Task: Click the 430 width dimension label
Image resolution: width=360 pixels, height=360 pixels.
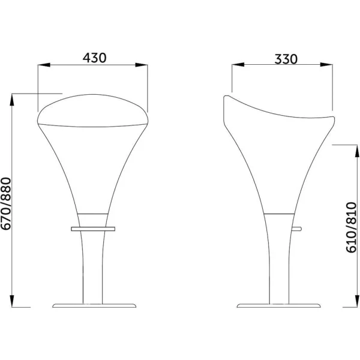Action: click(95, 58)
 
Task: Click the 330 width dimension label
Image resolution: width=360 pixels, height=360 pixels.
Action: click(286, 59)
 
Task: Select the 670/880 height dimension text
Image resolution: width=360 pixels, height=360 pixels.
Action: click(6, 203)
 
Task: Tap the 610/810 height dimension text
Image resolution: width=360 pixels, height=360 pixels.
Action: click(351, 227)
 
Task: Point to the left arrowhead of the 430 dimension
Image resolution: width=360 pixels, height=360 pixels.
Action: click(44, 65)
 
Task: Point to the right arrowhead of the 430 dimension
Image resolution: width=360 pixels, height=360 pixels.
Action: click(142, 65)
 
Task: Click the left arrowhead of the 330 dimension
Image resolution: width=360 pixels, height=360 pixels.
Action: click(238, 65)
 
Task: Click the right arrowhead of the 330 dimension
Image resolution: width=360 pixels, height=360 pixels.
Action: click(326, 65)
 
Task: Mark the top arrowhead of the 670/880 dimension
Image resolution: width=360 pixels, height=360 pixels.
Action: click(12, 100)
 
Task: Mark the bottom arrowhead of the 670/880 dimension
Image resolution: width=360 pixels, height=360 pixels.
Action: click(12, 301)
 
